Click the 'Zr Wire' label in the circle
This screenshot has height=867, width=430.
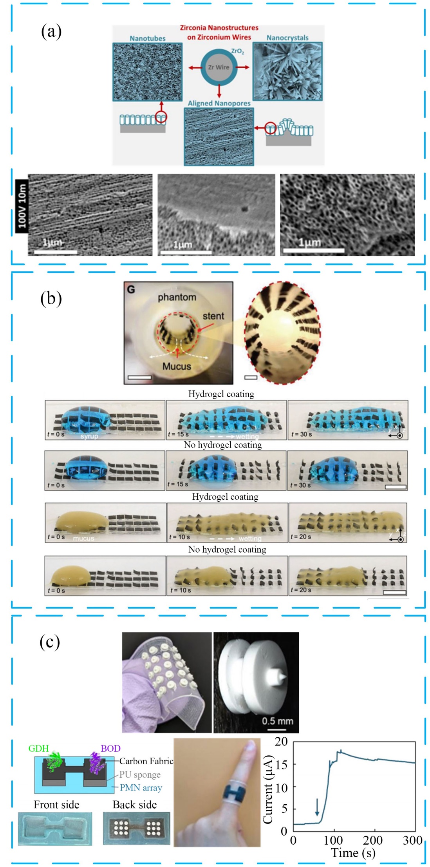pyautogui.click(x=219, y=67)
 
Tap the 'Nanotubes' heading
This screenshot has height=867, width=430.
pyautogui.click(x=147, y=38)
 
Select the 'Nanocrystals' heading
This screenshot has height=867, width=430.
pyautogui.click(x=287, y=38)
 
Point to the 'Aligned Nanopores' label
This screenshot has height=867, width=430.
pyautogui.click(x=219, y=103)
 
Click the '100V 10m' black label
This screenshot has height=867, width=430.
pyautogui.click(x=22, y=206)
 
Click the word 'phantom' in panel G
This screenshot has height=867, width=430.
pyautogui.click(x=177, y=297)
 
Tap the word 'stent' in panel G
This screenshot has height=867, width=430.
pyautogui.click(x=213, y=316)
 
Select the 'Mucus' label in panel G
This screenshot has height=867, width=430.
pyautogui.click(x=177, y=366)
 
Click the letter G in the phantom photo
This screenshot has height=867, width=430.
pyautogui.click(x=131, y=290)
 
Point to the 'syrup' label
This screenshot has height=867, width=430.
pyautogui.click(x=89, y=436)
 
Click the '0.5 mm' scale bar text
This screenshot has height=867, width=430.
pyautogui.click(x=277, y=721)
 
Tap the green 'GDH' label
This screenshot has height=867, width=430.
pyautogui.click(x=38, y=748)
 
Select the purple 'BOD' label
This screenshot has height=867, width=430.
pyautogui.click(x=110, y=748)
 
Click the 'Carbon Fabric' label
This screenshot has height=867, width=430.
pyautogui.click(x=146, y=761)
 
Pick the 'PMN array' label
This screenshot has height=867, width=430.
pyautogui.click(x=141, y=788)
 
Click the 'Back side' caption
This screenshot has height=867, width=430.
pyautogui.click(x=134, y=805)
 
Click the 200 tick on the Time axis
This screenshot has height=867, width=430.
pyautogui.click(x=372, y=840)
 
